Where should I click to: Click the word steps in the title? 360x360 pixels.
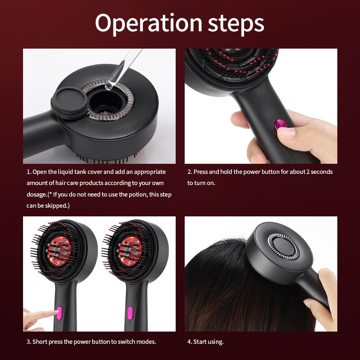236,23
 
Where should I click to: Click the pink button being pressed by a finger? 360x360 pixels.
59,312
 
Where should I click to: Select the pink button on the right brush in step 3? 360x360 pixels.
130,312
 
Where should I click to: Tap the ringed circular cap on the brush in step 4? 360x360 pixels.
284,246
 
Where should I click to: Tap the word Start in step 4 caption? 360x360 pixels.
201,342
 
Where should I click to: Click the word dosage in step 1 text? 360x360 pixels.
36,195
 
